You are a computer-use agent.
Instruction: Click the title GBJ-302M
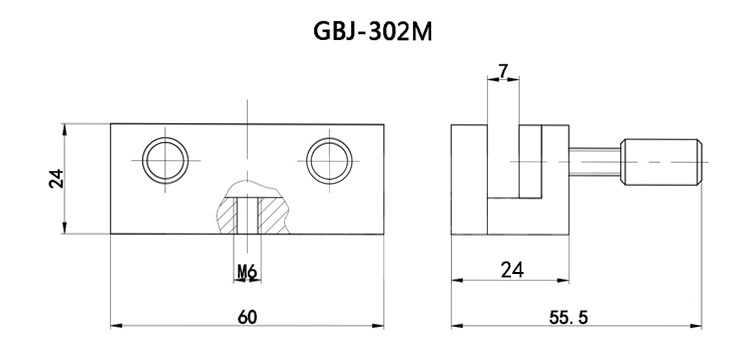click(x=373, y=32)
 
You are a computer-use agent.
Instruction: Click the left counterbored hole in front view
click(x=163, y=158)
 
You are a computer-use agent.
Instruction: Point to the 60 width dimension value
click(x=246, y=317)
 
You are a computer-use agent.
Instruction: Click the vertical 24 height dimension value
click(x=57, y=178)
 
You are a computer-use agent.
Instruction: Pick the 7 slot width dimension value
click(x=502, y=71)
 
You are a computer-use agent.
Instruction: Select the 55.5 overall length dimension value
click(x=573, y=317)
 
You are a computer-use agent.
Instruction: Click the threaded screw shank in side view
click(x=595, y=161)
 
